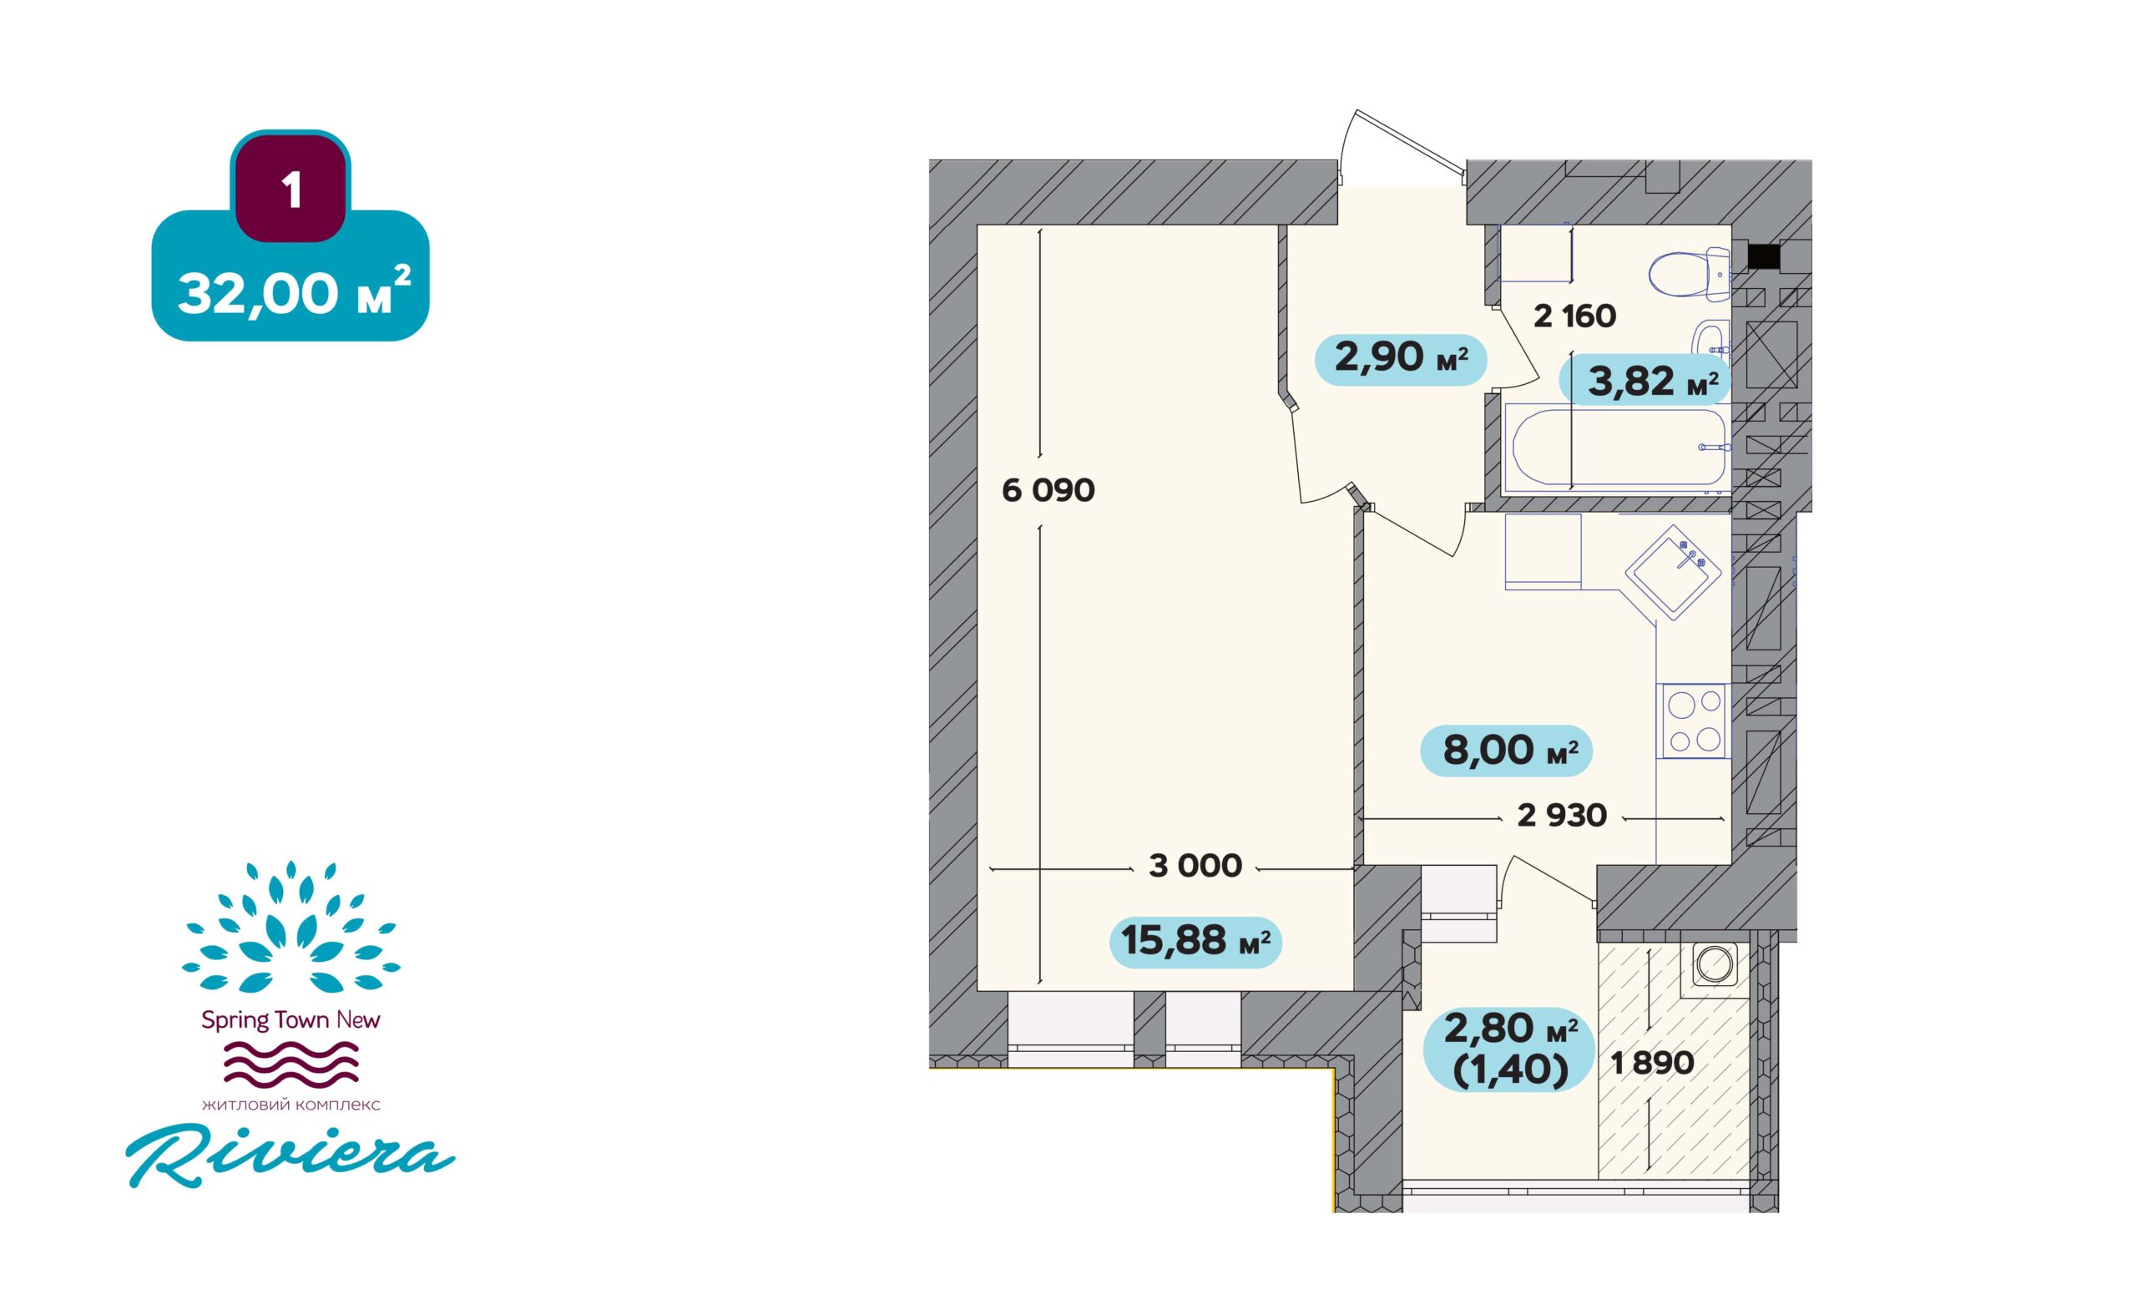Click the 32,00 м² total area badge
pyautogui.click(x=290, y=276)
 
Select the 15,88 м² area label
pyautogui.click(x=1195, y=941)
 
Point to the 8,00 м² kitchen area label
pyautogui.click(x=1506, y=750)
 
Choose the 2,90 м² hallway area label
pyautogui.click(x=1401, y=358)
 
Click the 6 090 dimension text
pyautogui.click(x=1048, y=491)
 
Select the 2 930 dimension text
pyautogui.click(x=1563, y=815)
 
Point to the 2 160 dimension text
pyautogui.click(x=1574, y=316)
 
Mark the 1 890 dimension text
pyautogui.click(x=1653, y=1063)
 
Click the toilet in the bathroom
pyautogui.click(x=1690, y=275)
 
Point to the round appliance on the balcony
pyautogui.click(x=1715, y=963)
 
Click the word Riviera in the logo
pyautogui.click(x=290, y=1156)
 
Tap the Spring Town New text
pyautogui.click(x=290, y=1019)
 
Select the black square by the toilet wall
pyautogui.click(x=1763, y=256)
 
